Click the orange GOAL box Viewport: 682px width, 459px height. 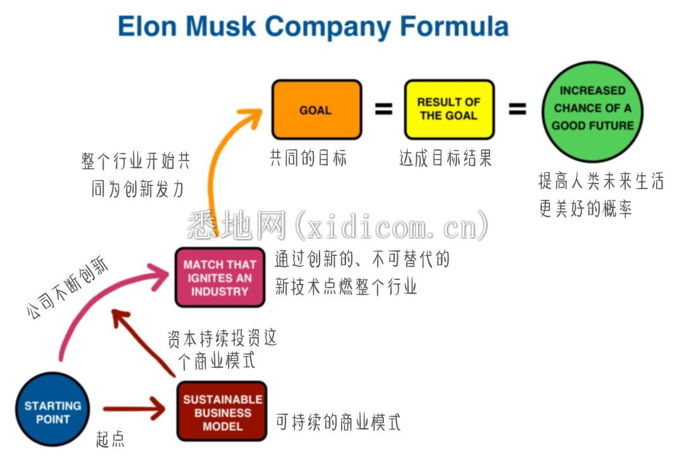click(x=316, y=110)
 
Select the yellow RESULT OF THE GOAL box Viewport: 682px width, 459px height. click(x=449, y=109)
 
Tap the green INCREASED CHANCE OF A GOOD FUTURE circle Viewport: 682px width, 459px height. click(x=592, y=111)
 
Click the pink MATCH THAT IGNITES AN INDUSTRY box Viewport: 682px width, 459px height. click(x=220, y=278)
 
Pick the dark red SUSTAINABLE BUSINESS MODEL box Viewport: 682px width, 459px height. click(x=222, y=412)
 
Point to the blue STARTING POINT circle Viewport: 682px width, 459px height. click(x=52, y=409)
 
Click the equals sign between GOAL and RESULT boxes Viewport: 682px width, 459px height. click(x=384, y=109)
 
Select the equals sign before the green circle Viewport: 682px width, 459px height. click(x=517, y=109)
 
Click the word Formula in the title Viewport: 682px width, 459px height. click(x=454, y=26)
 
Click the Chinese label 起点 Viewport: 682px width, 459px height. click(x=110, y=439)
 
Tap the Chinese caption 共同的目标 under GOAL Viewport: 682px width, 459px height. click(x=308, y=157)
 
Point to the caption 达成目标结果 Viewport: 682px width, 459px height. click(x=445, y=157)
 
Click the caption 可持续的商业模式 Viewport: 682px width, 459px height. click(x=338, y=422)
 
